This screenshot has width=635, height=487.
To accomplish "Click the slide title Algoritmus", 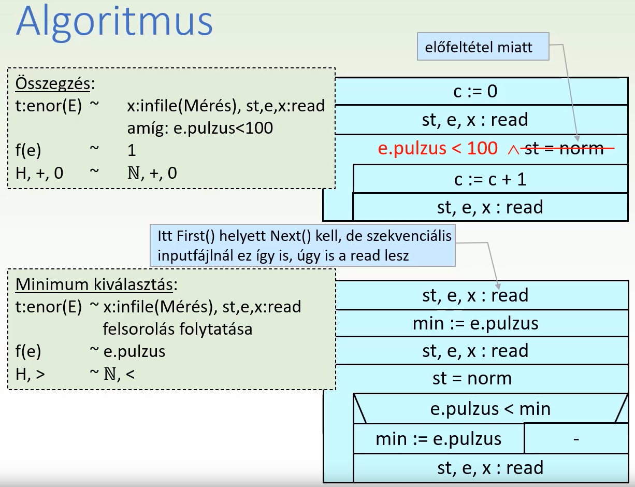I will tap(114, 23).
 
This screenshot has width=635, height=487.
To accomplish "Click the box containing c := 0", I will tap(475, 92).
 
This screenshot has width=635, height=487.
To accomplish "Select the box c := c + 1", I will tap(489, 179).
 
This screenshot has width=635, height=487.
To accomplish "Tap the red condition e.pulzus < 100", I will tap(438, 149).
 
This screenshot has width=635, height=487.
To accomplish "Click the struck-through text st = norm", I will tap(564, 149).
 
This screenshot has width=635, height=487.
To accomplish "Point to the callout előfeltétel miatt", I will tap(479, 48).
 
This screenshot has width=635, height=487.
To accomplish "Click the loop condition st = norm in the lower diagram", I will tap(472, 378).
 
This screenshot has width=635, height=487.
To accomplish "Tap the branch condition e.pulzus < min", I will tap(490, 409).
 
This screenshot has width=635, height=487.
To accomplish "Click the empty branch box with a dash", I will tap(575, 439).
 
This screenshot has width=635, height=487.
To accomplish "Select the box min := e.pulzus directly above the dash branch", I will tap(439, 439).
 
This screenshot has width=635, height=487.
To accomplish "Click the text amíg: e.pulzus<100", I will tap(200, 127).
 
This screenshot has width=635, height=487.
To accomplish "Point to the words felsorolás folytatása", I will tap(178, 328).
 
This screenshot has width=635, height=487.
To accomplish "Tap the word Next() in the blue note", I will tap(290, 236).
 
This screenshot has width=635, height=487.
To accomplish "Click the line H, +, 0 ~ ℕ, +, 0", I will tap(96, 173).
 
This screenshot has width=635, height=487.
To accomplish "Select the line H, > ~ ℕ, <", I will tap(76, 373).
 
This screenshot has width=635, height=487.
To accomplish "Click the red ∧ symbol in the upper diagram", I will tap(513, 150).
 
